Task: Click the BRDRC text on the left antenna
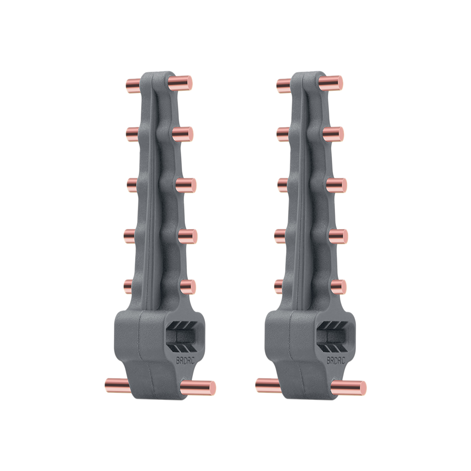coord(185,360)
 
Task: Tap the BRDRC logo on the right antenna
coord(336,360)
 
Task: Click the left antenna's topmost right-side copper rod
coord(180,83)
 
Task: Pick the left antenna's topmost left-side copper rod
coord(133,86)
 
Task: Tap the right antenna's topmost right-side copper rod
coord(331,83)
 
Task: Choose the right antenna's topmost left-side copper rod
coord(284,86)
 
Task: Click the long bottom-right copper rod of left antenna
coord(198,388)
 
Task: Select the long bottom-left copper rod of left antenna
coord(118,385)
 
